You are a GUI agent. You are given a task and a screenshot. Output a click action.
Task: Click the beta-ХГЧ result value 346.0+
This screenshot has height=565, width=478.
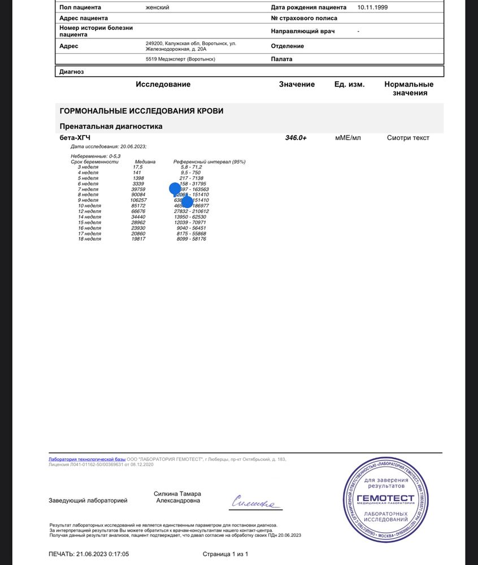pos(296,138)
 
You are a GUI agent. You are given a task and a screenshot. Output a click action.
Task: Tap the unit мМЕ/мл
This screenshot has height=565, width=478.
pos(347,138)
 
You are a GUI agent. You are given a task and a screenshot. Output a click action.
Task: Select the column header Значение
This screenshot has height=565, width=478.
pos(297,84)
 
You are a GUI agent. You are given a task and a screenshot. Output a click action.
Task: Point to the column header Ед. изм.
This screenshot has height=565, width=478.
pos(349,84)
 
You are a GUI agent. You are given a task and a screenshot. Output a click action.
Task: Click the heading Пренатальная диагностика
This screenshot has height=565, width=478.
pos(111,127)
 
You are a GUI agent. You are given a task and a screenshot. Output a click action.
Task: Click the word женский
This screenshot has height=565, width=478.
pos(158,7)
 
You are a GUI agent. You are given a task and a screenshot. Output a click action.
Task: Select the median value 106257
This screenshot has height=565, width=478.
pos(138,200)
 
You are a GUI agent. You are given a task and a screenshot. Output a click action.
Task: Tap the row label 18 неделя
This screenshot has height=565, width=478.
pos(89,239)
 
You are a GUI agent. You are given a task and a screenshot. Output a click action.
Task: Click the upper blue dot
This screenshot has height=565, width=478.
pos(175,189)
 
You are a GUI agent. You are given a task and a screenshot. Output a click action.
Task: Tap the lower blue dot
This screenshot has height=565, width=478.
pos(187,202)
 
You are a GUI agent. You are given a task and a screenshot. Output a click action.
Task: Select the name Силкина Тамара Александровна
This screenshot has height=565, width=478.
pos(177,497)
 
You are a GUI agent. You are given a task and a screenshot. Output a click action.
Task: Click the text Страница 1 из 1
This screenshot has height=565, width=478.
pos(225,554)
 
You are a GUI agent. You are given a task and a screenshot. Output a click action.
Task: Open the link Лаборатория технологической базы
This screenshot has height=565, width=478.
pos(87,459)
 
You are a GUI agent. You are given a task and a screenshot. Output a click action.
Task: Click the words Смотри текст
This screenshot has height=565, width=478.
pos(408,138)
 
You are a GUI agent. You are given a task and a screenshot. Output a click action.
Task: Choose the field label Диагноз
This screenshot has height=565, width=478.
pos(72,72)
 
